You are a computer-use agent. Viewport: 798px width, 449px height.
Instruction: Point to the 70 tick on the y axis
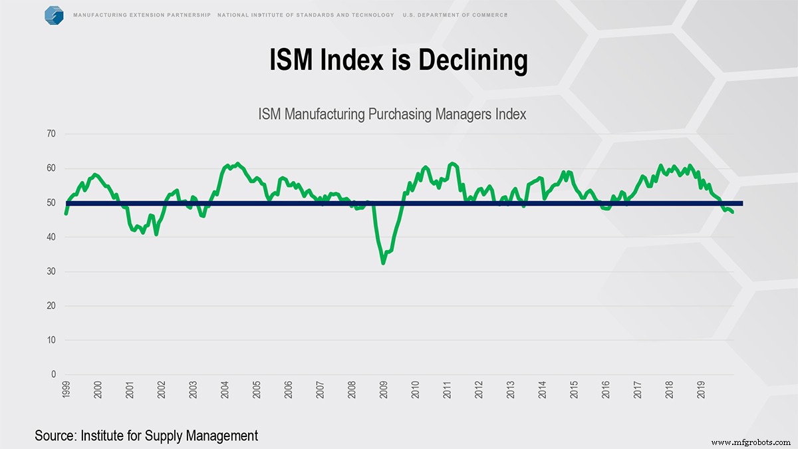point(51,134)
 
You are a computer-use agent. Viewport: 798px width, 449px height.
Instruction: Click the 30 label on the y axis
point(51,272)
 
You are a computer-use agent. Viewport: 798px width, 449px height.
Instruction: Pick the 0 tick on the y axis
point(54,375)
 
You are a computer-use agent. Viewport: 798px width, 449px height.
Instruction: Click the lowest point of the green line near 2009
point(384,263)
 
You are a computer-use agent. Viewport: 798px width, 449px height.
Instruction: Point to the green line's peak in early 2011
point(452,163)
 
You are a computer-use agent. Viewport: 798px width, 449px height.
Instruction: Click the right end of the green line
point(733,212)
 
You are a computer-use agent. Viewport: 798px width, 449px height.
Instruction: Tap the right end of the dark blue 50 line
point(741,204)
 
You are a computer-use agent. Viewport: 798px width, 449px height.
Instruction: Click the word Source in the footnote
point(56,436)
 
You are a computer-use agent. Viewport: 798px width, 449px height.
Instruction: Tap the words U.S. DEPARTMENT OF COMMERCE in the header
point(454,15)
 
